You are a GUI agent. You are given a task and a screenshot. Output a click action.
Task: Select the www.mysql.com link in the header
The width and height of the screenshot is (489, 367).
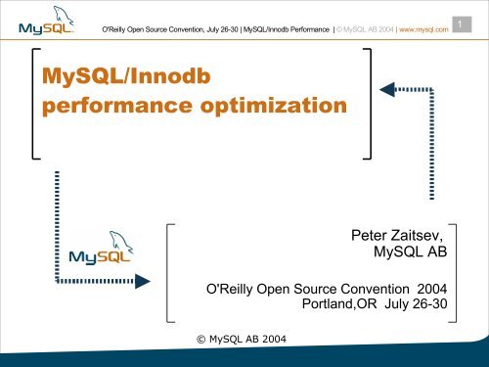[421, 29]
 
